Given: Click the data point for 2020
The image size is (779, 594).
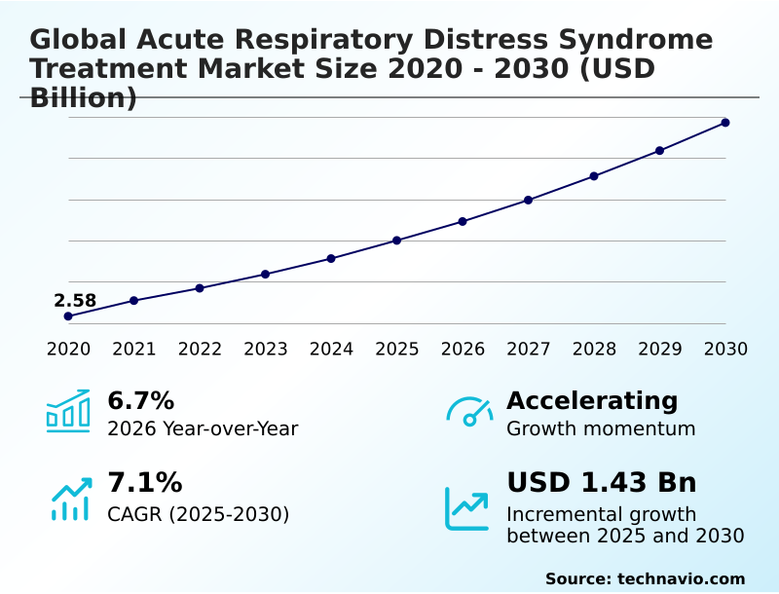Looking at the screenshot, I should tap(68, 316).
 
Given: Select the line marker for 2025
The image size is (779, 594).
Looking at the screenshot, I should tap(397, 241).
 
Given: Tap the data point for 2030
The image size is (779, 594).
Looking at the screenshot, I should tap(725, 123).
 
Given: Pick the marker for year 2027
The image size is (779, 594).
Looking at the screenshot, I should tap(529, 201).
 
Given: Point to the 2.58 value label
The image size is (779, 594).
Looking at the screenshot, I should tap(75, 301).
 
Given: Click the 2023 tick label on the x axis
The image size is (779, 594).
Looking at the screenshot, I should tap(266, 350).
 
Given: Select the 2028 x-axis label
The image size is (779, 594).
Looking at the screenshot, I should tap(594, 350).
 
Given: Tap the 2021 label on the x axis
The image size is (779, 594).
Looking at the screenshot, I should tap(134, 350).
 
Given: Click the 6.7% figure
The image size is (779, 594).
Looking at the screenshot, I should tap(140, 401).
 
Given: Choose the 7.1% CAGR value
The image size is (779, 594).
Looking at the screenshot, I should tap(144, 483).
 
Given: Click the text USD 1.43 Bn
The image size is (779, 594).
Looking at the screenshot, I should tap(602, 483).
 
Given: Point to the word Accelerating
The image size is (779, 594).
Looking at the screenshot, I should tap(592, 401).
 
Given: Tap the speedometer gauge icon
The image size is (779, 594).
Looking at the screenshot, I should tap(469, 412).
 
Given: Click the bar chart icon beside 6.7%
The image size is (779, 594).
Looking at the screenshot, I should tap(68, 411).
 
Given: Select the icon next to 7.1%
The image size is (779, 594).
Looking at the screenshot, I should tap(70, 498).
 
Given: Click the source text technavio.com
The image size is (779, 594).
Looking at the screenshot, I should tap(681, 578).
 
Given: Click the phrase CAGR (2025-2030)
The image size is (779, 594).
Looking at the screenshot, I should tap(199, 514).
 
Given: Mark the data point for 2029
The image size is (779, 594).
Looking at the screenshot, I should tap(659, 151).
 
